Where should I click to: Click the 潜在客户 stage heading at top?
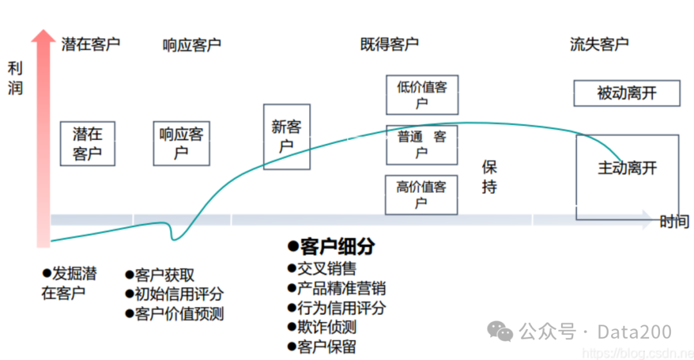click(91, 44)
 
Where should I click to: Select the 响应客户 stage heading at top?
click(191, 45)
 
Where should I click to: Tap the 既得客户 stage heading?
click(389, 44)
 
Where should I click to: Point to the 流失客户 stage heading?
click(599, 44)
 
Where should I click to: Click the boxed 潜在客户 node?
click(87, 144)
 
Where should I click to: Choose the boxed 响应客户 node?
click(181, 143)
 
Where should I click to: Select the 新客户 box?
click(287, 136)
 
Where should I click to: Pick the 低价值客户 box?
click(422, 94)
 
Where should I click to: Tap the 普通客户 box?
click(422, 145)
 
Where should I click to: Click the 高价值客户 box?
click(422, 195)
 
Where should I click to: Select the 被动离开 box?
click(627, 93)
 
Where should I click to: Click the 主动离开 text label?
click(627, 168)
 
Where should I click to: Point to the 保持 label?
click(490, 177)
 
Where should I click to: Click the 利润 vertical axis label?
click(15, 78)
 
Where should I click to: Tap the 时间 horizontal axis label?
click(675, 222)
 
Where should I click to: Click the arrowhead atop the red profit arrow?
click(43, 37)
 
